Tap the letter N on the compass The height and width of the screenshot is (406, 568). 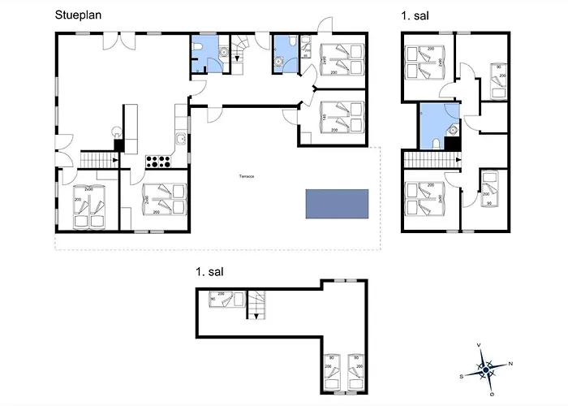point(510,364)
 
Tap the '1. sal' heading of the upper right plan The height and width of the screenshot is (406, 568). point(415,15)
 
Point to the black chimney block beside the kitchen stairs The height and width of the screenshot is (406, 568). point(118,147)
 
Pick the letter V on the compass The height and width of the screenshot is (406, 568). point(480,346)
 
